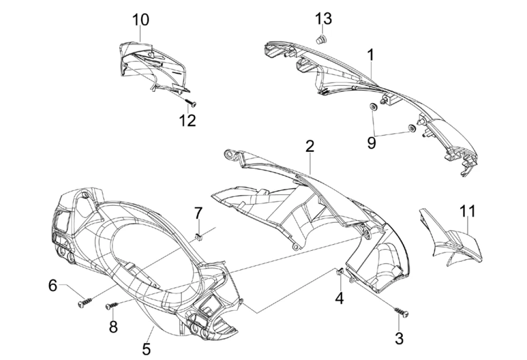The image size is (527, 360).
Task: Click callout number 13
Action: [324, 20]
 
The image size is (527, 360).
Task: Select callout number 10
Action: [141, 20]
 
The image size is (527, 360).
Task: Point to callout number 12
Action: [187, 120]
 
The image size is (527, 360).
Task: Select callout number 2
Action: [309, 146]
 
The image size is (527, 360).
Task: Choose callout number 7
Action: [198, 214]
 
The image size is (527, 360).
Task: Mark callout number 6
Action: [53, 285]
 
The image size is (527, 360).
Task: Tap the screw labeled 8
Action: [112, 306]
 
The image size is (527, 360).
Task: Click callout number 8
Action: [113, 327]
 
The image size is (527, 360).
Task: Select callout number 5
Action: [146, 348]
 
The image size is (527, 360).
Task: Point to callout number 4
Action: [339, 298]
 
